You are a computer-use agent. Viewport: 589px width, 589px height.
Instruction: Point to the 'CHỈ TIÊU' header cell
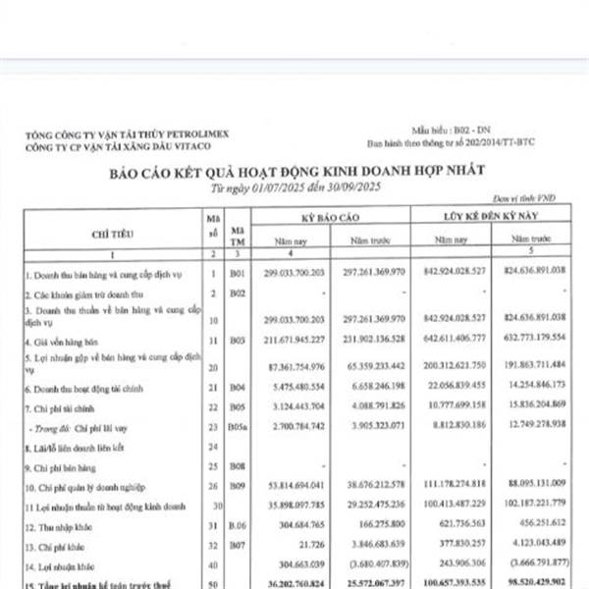click(111, 235)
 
